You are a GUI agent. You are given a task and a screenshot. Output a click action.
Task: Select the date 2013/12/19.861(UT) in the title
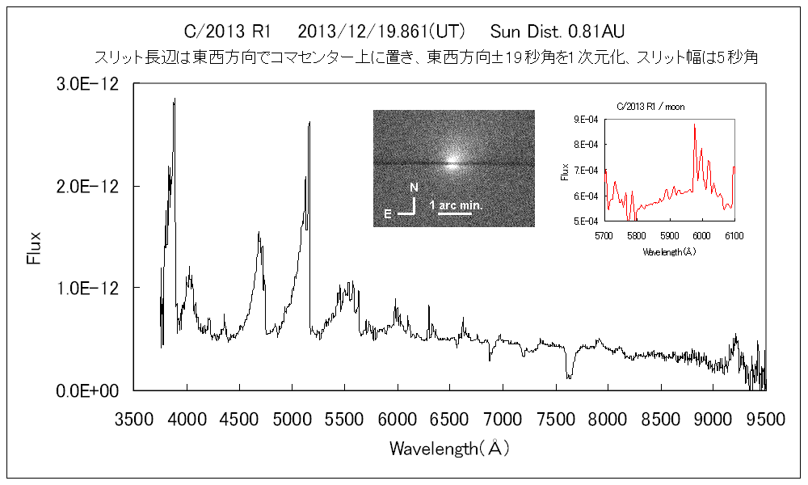(381, 32)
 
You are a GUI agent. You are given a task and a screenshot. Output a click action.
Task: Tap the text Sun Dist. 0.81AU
(558, 32)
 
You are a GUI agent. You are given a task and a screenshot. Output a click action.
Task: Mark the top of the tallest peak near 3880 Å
(175, 99)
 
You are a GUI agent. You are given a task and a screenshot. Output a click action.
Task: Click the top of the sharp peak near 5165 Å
(309, 123)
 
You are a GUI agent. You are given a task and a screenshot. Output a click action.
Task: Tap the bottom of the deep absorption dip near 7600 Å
(570, 377)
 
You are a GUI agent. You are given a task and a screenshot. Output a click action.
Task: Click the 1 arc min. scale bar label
(456, 205)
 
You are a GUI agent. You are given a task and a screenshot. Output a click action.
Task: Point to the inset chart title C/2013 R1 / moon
(650, 107)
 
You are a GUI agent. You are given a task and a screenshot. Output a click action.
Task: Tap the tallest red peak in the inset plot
(694, 125)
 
